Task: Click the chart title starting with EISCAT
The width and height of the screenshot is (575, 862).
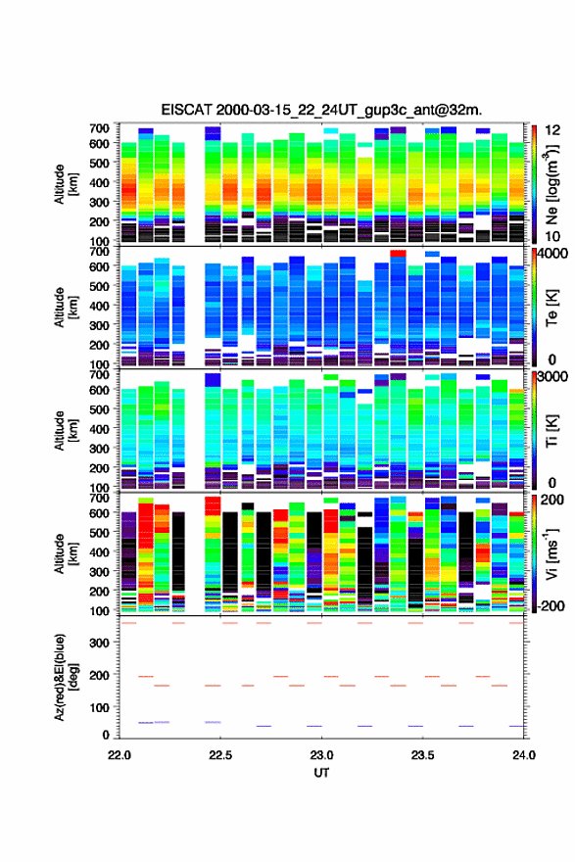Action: [321, 110]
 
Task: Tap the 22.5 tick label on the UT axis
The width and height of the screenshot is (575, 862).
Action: [220, 755]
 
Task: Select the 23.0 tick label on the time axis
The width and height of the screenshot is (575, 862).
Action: [321, 755]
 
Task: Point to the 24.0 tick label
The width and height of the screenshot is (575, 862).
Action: [524, 755]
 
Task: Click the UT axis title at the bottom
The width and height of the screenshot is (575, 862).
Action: [321, 773]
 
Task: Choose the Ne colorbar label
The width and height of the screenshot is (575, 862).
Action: [551, 185]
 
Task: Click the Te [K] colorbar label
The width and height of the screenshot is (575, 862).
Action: [551, 308]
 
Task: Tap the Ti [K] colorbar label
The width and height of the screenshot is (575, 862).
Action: [551, 431]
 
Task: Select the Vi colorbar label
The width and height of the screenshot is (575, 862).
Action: [551, 553]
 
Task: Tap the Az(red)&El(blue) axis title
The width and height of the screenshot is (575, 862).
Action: [66, 677]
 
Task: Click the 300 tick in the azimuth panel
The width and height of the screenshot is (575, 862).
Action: [99, 643]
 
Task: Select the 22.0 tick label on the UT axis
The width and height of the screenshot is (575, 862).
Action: [120, 755]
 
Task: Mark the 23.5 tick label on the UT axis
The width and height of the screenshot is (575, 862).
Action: [423, 755]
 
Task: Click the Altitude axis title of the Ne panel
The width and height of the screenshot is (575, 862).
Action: [66, 185]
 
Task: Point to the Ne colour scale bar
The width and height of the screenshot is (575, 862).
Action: [534, 185]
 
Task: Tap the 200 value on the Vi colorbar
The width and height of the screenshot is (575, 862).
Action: [552, 501]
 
